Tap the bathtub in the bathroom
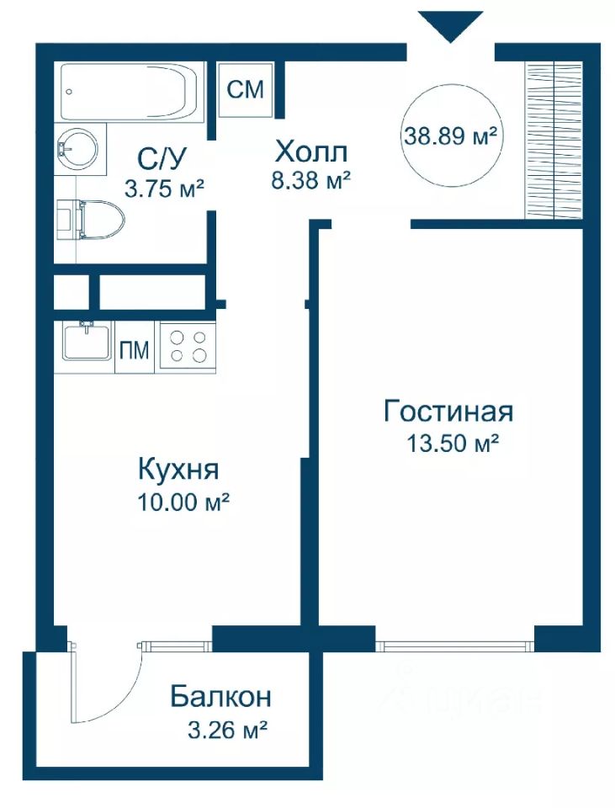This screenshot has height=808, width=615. click(x=130, y=92)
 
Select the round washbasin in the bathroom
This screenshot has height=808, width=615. click(x=77, y=146)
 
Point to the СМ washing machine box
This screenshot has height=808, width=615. click(x=246, y=90)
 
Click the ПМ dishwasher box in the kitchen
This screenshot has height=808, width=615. click(x=134, y=350)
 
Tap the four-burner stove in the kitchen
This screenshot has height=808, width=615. click(x=188, y=346)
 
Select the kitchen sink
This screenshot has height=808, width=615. click(x=87, y=341)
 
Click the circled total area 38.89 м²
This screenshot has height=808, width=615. click(x=451, y=136)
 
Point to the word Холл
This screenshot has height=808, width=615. click(x=311, y=152)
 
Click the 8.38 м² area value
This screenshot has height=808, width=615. click(x=311, y=181)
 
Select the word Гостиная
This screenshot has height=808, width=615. click(x=448, y=412)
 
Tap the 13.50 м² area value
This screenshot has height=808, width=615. click(x=453, y=443)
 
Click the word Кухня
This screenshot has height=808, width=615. click(x=178, y=470)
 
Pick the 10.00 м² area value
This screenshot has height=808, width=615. click(x=183, y=502)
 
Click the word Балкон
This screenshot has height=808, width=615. click(x=221, y=697)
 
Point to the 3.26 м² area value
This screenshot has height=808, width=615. click(x=227, y=730)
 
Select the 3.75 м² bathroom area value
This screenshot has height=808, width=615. click(x=165, y=189)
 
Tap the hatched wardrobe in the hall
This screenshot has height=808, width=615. click(x=554, y=139)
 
